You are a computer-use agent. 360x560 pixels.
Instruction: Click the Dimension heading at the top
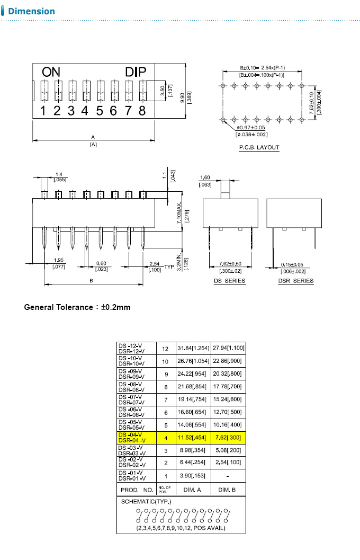[x=31, y=11]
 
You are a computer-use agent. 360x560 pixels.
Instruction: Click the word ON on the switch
[x=51, y=73]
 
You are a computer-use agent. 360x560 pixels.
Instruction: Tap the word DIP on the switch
[x=139, y=73]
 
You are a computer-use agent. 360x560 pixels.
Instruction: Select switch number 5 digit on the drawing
[x=100, y=111]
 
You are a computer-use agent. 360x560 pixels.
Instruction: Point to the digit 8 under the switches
[x=142, y=111]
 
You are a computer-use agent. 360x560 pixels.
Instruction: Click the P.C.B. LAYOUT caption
[x=259, y=148]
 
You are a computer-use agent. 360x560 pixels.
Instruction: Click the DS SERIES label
[x=229, y=281]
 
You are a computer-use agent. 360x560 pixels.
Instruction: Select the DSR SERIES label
[x=295, y=281]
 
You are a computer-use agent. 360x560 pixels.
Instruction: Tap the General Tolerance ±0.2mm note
[x=77, y=307]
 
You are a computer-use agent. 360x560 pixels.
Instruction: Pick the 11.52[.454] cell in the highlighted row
[x=192, y=438]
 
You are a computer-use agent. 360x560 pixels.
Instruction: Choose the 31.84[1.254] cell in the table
[x=192, y=349]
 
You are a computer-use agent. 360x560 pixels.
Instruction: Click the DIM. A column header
[x=192, y=490]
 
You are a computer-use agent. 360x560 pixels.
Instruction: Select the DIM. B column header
[x=228, y=490]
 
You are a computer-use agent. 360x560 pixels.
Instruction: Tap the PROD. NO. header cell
[x=137, y=490]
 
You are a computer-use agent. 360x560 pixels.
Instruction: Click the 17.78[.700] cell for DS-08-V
[x=228, y=387]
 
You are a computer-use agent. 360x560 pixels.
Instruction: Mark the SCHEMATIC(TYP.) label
[x=146, y=502]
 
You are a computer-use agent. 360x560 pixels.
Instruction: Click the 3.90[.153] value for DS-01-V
[x=192, y=476]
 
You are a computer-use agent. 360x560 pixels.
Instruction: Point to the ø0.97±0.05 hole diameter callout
[x=250, y=128]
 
